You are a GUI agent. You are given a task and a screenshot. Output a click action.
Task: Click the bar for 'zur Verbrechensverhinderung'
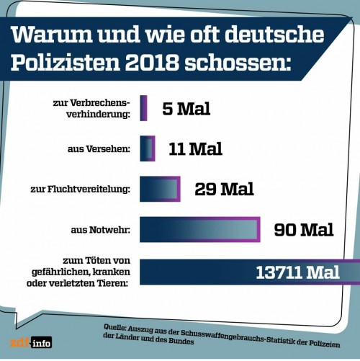coord(144,108)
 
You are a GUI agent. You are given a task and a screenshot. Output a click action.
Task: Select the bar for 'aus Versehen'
coord(147,148)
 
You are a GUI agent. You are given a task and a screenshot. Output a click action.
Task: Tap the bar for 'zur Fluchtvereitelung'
coord(160,189)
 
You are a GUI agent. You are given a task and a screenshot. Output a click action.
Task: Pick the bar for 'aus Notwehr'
coord(199,229)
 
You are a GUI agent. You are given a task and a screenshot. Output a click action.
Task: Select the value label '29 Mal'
coord(224,190)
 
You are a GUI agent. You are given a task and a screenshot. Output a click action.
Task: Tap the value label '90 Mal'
coord(304,230)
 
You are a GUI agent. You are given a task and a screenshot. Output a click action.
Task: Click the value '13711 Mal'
coord(297,272)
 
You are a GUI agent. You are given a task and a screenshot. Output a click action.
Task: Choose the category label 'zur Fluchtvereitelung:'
coord(90,190)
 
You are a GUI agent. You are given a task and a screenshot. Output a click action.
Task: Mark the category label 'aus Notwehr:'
coord(101,230)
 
